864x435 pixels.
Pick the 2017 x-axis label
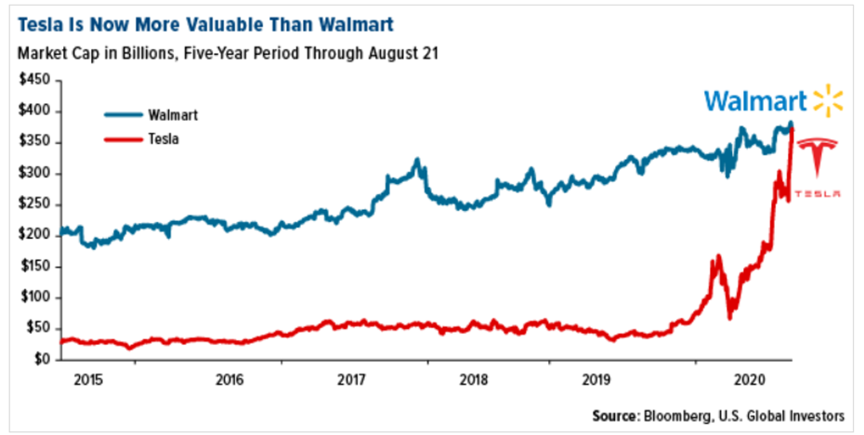click(351, 380)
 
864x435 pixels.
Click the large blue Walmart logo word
click(753, 101)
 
